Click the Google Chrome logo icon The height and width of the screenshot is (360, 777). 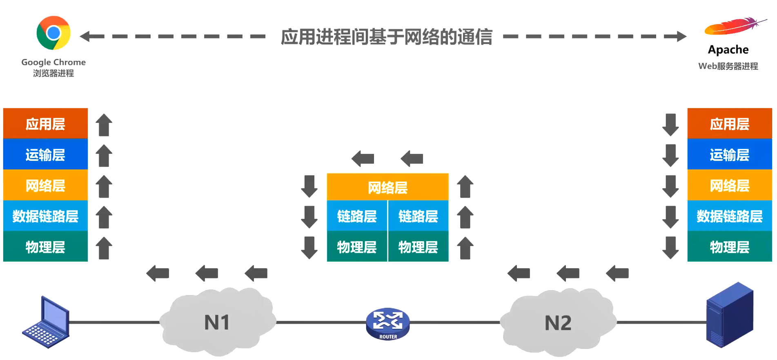[x=53, y=33]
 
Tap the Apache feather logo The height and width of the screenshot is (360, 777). [x=734, y=26]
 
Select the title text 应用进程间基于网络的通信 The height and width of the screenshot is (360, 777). [x=386, y=37]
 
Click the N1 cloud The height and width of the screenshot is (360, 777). [x=217, y=322]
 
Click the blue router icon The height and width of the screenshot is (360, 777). [x=387, y=324]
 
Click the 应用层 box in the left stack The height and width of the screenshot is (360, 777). [x=45, y=124]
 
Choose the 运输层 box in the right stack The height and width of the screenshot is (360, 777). [x=729, y=155]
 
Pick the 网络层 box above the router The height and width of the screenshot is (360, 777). [x=387, y=187]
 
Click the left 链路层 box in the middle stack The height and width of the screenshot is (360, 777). [x=357, y=216]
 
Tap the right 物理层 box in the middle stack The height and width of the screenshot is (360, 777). [x=418, y=247]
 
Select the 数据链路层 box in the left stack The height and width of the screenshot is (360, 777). [x=45, y=216]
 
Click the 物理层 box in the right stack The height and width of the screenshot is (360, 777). [x=729, y=247]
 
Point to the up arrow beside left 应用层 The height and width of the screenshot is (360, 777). [x=104, y=125]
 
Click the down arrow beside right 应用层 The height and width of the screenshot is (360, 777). [x=670, y=125]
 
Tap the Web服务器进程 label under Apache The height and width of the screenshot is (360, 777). [x=728, y=66]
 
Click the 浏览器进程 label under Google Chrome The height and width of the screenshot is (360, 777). [x=53, y=73]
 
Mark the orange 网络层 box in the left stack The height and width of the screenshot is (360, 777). [x=45, y=185]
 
